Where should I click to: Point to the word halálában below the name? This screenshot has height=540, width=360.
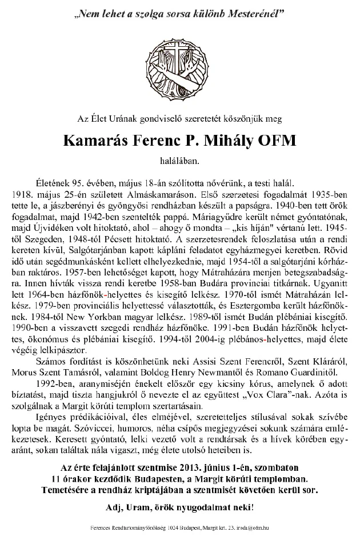point(179,161)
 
